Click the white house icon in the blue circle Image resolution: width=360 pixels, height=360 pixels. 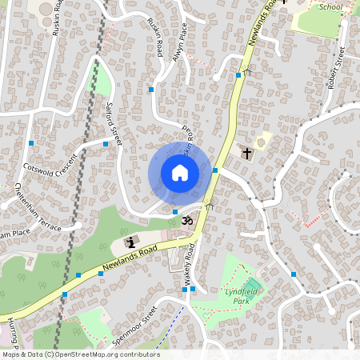pyautogui.click(x=180, y=173)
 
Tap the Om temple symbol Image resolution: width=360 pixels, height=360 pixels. pyautogui.click(x=189, y=218)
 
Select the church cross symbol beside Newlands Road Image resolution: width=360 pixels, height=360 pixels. pyautogui.click(x=246, y=152)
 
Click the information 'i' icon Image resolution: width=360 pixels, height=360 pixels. pyautogui.click(x=131, y=242)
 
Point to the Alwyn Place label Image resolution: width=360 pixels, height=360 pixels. pyautogui.click(x=182, y=38)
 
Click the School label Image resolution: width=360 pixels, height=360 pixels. pyautogui.click(x=330, y=6)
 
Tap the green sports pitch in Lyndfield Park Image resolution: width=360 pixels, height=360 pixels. pyautogui.click(x=252, y=286)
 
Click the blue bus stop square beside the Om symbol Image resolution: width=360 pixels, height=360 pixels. pyautogui.click(x=175, y=211)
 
